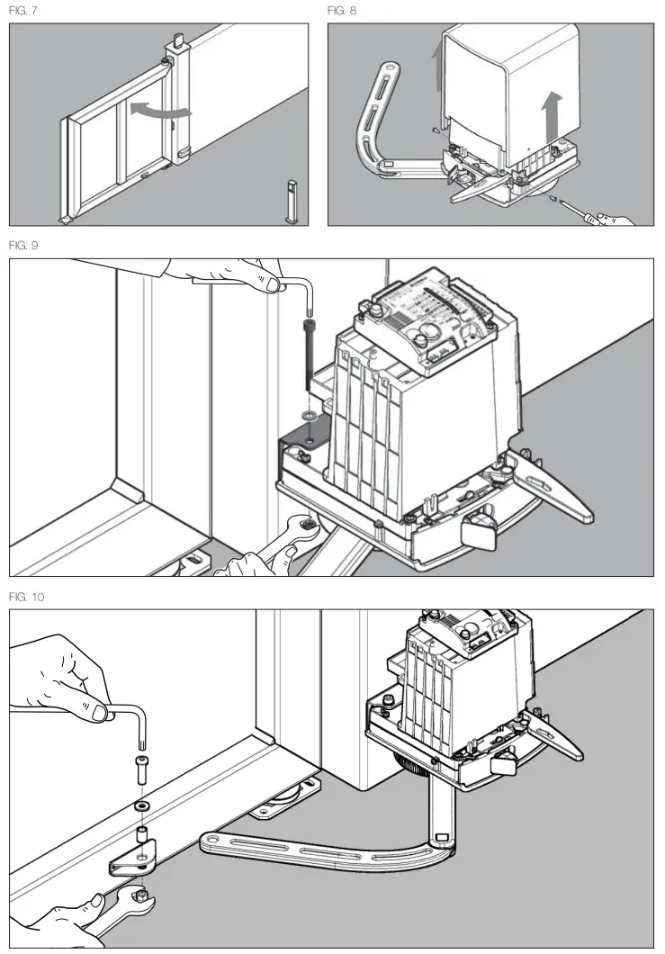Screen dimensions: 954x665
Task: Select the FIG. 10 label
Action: pyautogui.click(x=25, y=596)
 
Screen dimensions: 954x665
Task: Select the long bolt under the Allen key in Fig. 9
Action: pyautogui.click(x=310, y=351)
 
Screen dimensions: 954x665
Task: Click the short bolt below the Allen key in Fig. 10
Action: pyautogui.click(x=142, y=770)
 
